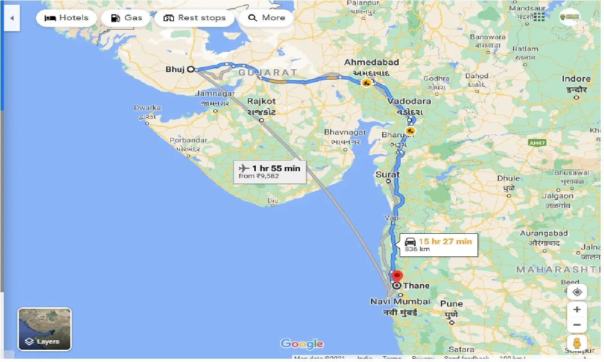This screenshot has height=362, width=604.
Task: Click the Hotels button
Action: (67, 18)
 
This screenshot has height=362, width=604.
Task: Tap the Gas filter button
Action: (126, 18)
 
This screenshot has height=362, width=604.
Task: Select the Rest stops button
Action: (194, 18)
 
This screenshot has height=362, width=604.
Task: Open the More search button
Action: (266, 18)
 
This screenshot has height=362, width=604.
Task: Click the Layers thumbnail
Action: (44, 329)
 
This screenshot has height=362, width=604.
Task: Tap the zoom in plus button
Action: (577, 310)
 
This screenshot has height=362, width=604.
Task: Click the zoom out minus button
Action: (577, 325)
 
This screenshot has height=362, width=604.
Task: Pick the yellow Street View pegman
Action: (577, 343)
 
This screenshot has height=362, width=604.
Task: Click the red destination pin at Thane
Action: (397, 276)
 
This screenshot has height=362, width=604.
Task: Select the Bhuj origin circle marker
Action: (191, 69)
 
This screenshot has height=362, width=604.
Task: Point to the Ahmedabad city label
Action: (371, 62)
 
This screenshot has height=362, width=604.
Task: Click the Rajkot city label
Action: (261, 101)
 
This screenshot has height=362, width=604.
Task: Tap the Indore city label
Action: (576, 79)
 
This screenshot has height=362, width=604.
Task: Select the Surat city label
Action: (387, 174)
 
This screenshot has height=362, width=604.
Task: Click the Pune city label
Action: (451, 304)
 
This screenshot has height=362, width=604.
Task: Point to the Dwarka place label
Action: (147, 107)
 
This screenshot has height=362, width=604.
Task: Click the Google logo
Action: (302, 344)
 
